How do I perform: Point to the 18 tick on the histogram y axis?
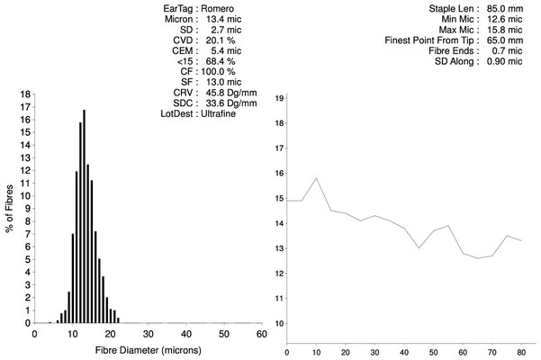pyautogui.click(x=27, y=93)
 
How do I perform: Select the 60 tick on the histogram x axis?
pyautogui.click(x=261, y=334)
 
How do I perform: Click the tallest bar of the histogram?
pyautogui.click(x=84, y=216)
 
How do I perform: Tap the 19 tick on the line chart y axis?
pyautogui.click(x=279, y=97)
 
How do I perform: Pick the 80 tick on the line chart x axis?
pyautogui.click(x=521, y=353)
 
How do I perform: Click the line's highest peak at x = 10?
pyautogui.click(x=316, y=178)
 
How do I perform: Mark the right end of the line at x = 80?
pyautogui.click(x=521, y=240)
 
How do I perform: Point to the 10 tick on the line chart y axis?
pyautogui.click(x=279, y=323)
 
